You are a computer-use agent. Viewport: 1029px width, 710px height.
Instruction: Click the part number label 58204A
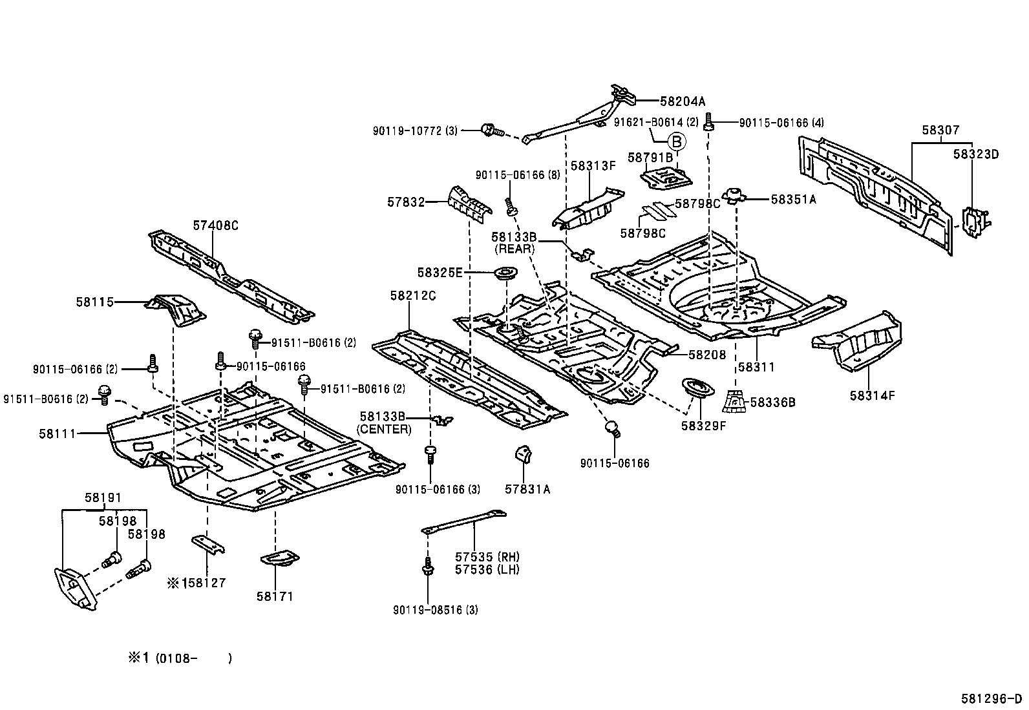[x=683, y=101]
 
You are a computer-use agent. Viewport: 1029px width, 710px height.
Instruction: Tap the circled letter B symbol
[x=677, y=142]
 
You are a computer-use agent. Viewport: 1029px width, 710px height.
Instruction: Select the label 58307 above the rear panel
[x=941, y=131]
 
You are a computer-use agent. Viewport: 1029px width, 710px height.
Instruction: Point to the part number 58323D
[x=976, y=154]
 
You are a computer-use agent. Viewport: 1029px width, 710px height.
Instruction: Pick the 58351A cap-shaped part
[x=734, y=196]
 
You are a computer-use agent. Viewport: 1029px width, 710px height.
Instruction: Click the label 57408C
[x=215, y=225]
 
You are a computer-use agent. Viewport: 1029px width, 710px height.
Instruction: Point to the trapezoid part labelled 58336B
[x=734, y=401]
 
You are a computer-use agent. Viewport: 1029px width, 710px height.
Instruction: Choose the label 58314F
[x=873, y=395]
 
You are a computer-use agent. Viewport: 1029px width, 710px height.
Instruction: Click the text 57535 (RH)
[x=487, y=557]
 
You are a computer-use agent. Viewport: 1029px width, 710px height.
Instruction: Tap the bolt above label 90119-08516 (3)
[x=428, y=566]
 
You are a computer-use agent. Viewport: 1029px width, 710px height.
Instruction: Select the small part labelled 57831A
[x=523, y=454]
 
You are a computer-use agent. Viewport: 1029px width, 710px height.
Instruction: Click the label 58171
[x=275, y=596]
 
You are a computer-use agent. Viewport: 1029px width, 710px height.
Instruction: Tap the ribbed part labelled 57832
[x=469, y=205]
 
